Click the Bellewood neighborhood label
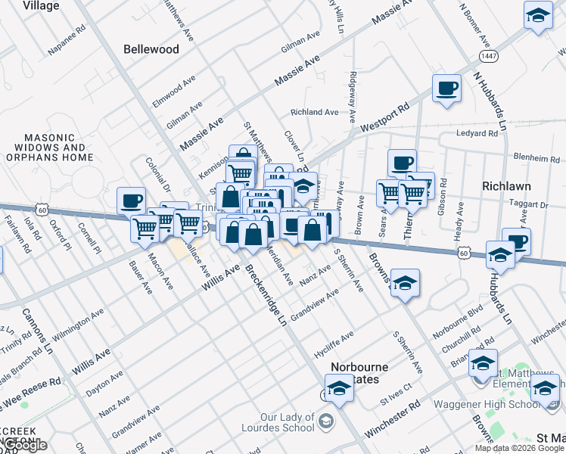pos(151,49)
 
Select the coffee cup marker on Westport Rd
pos(446,90)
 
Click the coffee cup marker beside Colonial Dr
pos(132,201)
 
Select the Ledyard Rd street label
pos(477,133)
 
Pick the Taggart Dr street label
pos(529,205)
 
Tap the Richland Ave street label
pos(315,112)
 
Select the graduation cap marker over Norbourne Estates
pos(340,390)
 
